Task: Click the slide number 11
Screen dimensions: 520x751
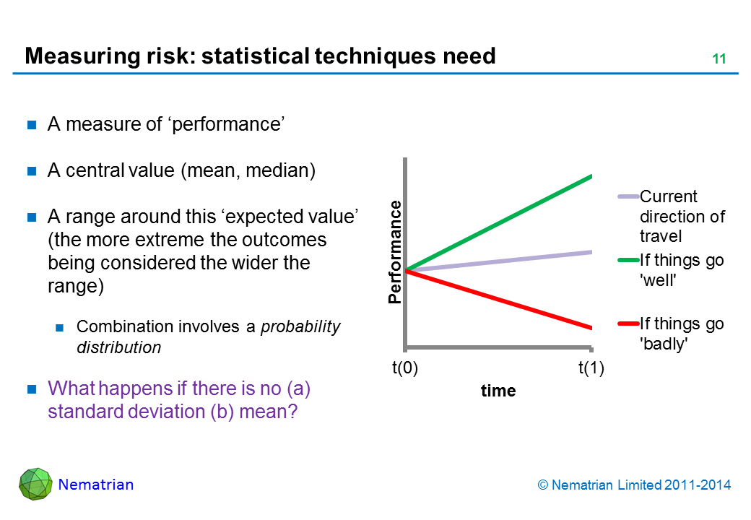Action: pyautogui.click(x=719, y=59)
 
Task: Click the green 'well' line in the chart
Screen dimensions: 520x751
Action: pyautogui.click(x=499, y=223)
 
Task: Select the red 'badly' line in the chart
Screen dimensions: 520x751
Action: pyautogui.click(x=499, y=300)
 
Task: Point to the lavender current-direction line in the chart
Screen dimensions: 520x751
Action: pyautogui.click(x=499, y=261)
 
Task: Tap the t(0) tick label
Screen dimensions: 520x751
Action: pyautogui.click(x=405, y=368)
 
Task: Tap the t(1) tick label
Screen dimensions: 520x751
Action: pyautogui.click(x=591, y=368)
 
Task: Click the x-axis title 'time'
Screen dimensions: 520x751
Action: pyautogui.click(x=498, y=391)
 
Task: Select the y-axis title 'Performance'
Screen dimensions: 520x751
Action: pyautogui.click(x=395, y=252)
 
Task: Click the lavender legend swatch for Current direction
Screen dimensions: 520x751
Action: pyautogui.click(x=628, y=196)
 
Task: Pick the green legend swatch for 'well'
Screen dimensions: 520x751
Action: pyautogui.click(x=628, y=260)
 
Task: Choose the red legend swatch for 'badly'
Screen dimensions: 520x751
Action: pyautogui.click(x=628, y=324)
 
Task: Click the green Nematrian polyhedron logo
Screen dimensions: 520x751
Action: pyautogui.click(x=35, y=484)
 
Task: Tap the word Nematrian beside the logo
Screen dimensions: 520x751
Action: pyautogui.click(x=96, y=485)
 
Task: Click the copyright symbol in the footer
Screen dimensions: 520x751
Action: pyautogui.click(x=543, y=485)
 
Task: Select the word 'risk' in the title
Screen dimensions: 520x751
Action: pyautogui.click(x=171, y=56)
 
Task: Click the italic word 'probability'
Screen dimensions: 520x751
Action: pyautogui.click(x=300, y=326)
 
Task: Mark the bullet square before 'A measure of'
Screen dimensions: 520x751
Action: pyautogui.click(x=32, y=125)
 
